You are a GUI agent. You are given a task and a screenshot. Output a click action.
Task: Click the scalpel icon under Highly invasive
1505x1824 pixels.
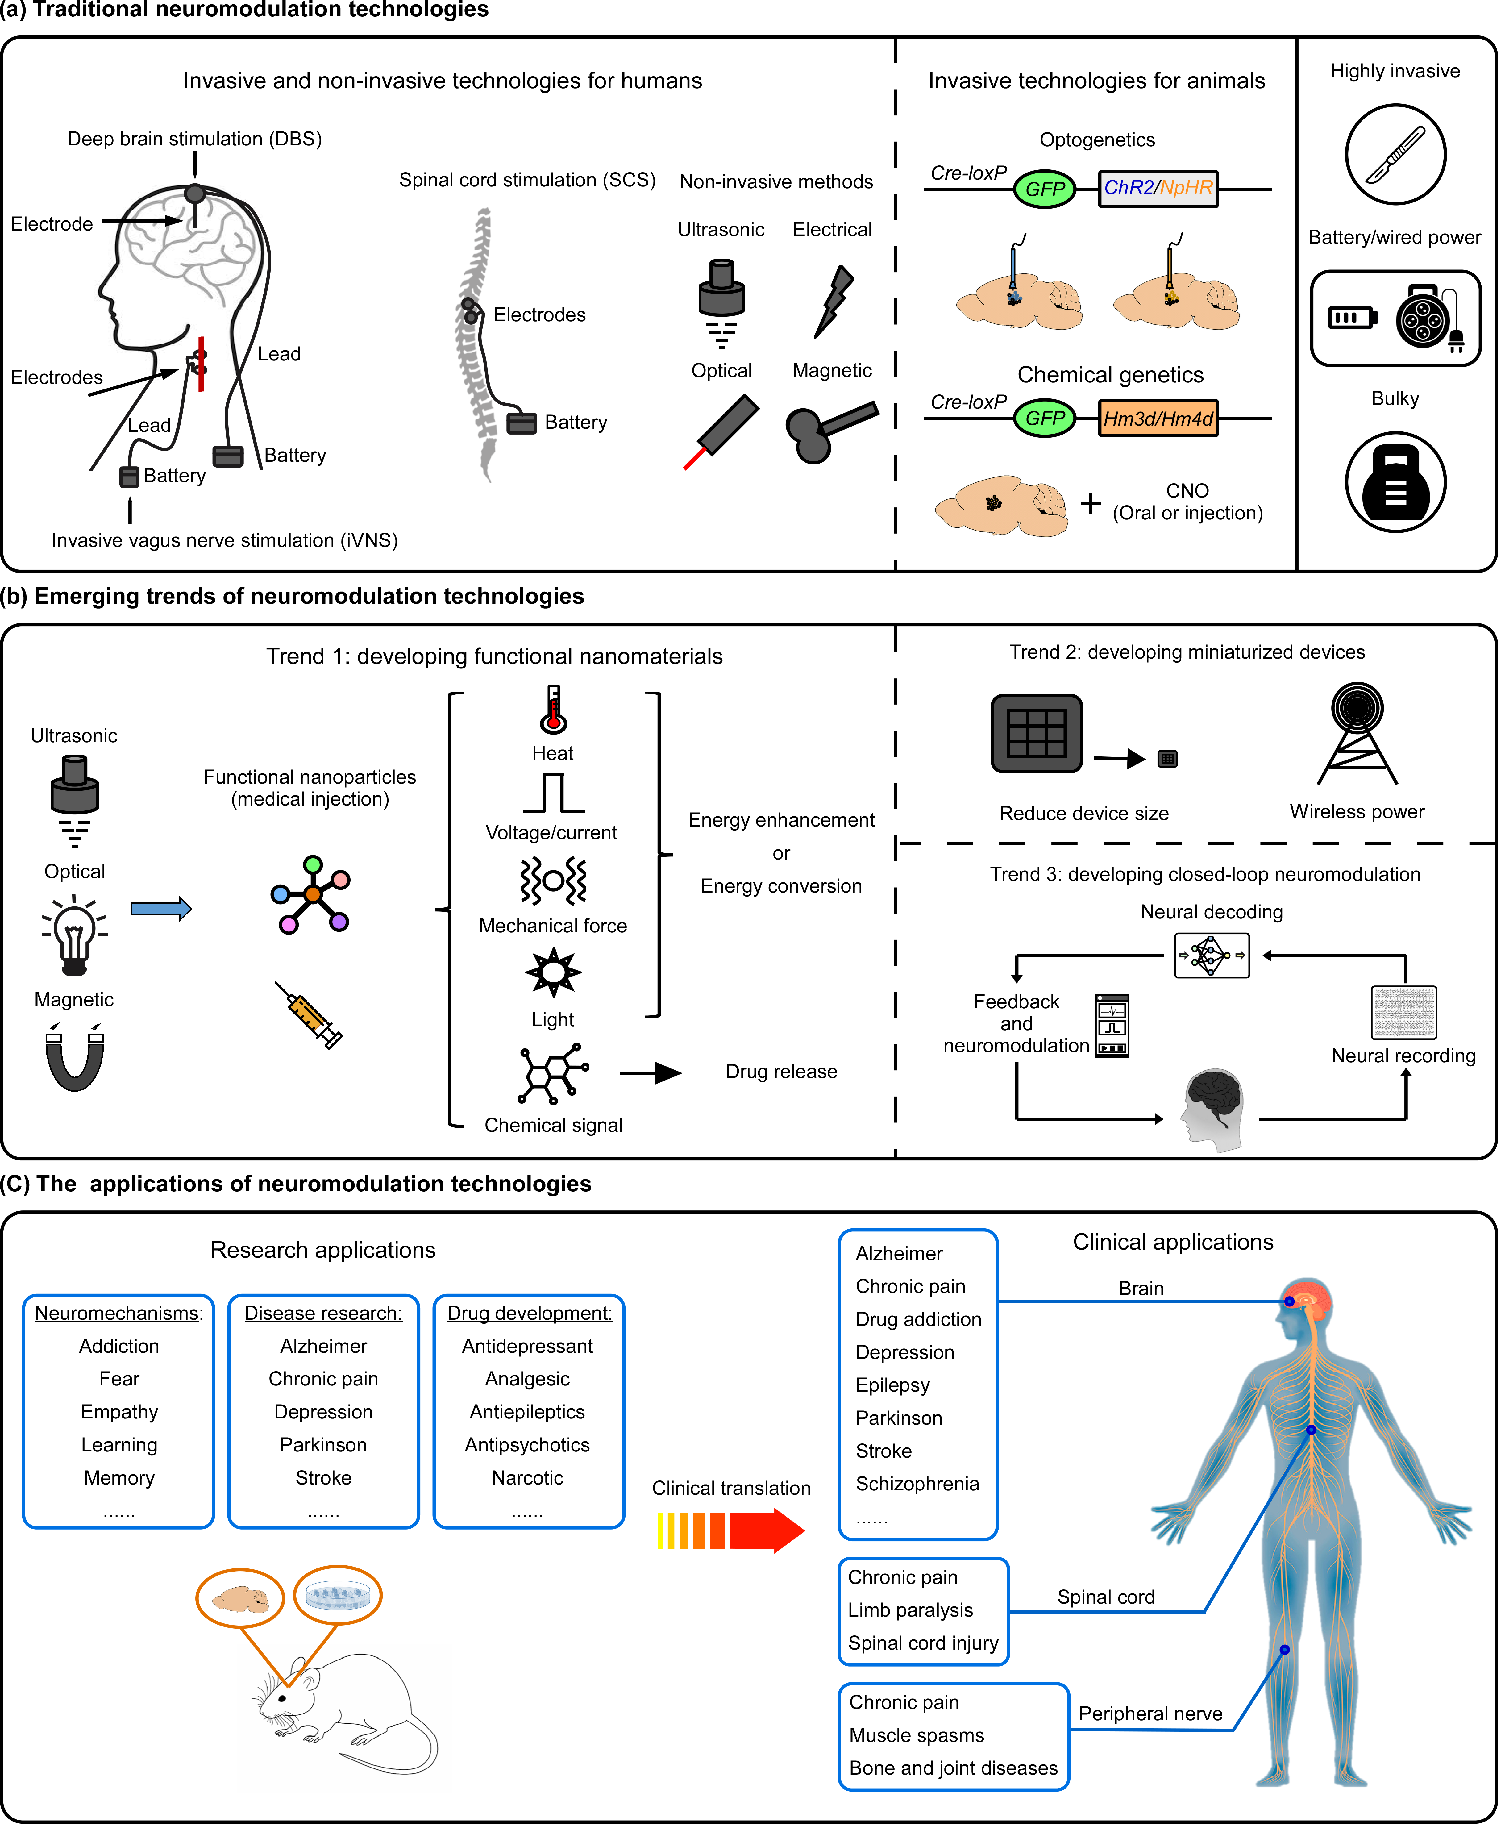coord(1395,154)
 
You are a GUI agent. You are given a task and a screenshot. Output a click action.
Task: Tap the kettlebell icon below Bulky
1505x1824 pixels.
coord(1395,482)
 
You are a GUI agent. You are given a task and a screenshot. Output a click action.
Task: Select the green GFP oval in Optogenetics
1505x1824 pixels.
coord(1045,189)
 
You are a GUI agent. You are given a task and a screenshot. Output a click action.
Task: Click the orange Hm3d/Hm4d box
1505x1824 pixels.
coord(1158,419)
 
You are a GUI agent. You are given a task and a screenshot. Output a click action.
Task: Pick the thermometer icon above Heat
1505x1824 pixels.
coord(553,709)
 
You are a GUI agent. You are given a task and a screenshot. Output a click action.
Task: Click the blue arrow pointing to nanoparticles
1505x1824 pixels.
coord(160,909)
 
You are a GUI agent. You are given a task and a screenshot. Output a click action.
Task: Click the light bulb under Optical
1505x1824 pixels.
coord(75,936)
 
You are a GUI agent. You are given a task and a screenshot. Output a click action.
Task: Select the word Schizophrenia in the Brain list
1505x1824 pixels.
coord(917,1484)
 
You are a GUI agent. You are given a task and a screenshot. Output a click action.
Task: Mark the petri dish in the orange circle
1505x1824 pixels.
coord(337,1595)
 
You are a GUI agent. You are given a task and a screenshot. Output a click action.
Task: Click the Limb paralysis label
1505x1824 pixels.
coord(910,1611)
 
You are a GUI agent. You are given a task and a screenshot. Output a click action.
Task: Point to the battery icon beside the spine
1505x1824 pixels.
coord(521,423)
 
